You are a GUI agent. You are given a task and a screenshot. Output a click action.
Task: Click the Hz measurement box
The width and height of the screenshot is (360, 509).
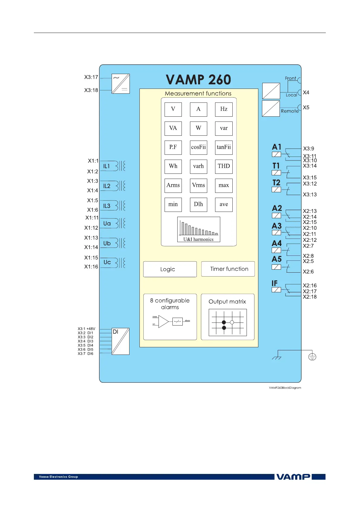click(x=224, y=109)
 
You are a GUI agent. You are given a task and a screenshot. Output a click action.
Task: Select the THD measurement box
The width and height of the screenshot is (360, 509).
click(x=224, y=166)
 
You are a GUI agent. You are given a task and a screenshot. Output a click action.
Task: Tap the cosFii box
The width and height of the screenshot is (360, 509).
click(x=198, y=147)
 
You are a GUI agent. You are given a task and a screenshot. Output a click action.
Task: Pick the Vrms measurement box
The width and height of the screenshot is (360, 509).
click(x=198, y=185)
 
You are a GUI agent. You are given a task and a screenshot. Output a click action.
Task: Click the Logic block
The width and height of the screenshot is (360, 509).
click(x=170, y=269)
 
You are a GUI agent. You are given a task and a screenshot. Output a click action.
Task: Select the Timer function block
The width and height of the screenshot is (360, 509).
click(x=228, y=269)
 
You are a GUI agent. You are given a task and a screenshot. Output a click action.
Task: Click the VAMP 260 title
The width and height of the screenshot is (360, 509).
click(x=198, y=80)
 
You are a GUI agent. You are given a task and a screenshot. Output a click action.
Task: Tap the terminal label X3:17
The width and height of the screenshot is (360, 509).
click(x=91, y=77)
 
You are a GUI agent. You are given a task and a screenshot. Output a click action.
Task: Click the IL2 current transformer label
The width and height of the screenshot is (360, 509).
click(x=107, y=186)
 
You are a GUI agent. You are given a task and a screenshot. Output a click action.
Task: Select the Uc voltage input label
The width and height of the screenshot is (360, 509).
click(x=107, y=262)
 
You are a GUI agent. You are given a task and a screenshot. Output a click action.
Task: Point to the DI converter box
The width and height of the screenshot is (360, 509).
click(x=120, y=341)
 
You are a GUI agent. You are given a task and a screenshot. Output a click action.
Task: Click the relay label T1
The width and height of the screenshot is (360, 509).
click(x=276, y=166)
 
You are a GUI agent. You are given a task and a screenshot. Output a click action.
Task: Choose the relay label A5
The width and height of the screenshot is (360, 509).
click(x=277, y=259)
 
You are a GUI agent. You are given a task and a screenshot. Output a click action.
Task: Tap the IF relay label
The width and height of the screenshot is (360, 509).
click(x=274, y=283)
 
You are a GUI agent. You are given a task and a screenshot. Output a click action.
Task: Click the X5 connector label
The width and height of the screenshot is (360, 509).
click(x=306, y=108)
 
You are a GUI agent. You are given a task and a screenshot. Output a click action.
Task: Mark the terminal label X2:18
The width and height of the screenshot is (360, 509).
click(x=310, y=297)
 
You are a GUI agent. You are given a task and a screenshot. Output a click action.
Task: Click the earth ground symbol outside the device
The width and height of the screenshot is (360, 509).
click(x=312, y=357)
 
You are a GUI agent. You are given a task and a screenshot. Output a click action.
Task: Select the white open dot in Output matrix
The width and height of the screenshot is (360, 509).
click(x=232, y=322)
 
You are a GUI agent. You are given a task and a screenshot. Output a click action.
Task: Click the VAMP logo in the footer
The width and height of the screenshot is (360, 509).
click(x=293, y=477)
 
